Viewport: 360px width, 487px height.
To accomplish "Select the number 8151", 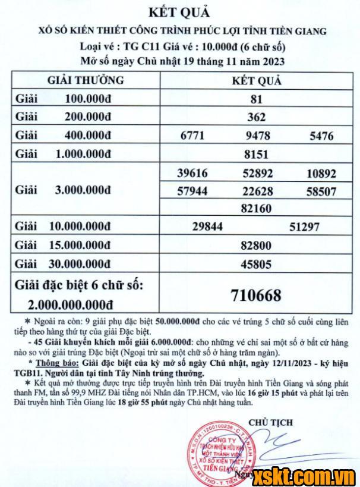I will [257, 155].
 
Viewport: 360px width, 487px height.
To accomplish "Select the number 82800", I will [257, 246].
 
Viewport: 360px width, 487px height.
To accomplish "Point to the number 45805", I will [257, 263].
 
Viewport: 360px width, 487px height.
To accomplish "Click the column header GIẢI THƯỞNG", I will [86, 80].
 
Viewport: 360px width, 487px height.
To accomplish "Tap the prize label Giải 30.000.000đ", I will [63, 263].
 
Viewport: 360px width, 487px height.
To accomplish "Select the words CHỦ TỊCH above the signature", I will [270, 422].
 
